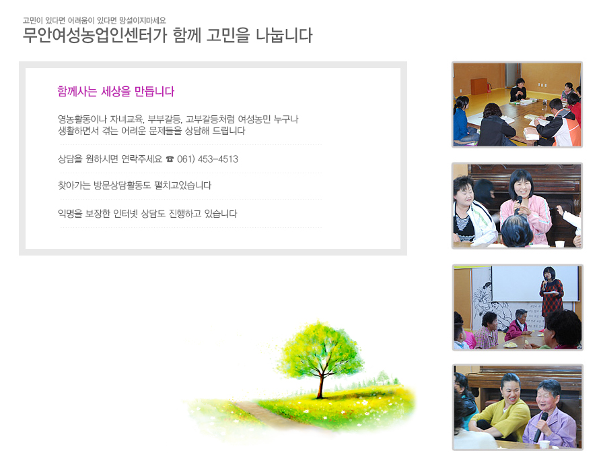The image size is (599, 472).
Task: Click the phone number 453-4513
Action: [218, 159]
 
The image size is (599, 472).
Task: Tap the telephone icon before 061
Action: [170, 159]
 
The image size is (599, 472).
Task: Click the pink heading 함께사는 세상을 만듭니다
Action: [116, 91]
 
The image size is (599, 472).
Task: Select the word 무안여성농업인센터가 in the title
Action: [95, 35]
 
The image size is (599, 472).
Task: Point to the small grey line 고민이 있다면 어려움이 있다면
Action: [69, 20]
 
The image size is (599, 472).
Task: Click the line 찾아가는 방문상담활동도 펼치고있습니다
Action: [135, 185]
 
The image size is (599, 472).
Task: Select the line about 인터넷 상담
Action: [147, 213]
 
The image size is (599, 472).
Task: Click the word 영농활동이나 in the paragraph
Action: [82, 119]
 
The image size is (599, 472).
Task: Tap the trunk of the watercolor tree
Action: [321, 385]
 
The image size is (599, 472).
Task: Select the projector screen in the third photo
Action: [535, 283]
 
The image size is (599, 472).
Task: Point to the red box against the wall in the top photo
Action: [479, 86]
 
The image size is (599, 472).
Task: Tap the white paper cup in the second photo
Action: [559, 243]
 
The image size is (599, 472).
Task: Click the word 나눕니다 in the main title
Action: [284, 35]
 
